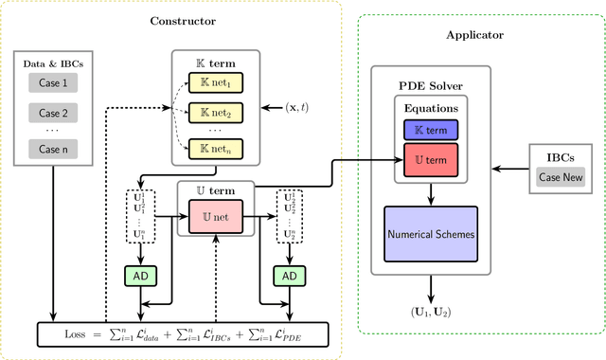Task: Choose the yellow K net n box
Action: click(215, 149)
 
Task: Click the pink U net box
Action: click(217, 218)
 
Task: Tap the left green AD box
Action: click(140, 275)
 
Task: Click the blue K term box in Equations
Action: click(431, 129)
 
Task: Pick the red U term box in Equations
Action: click(431, 158)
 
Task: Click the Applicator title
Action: click(474, 36)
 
